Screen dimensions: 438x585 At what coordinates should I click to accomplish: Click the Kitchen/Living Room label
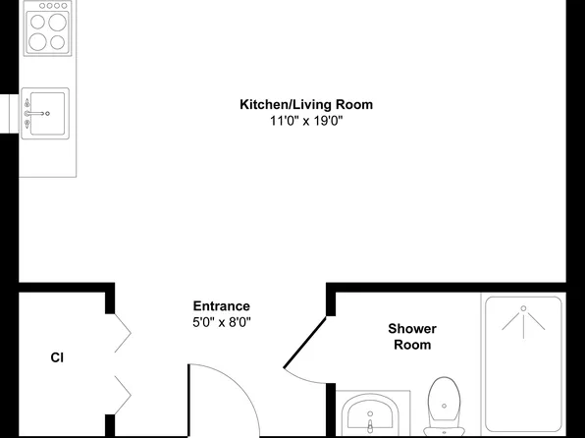(306, 104)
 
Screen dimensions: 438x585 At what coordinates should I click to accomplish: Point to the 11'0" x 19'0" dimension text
(306, 121)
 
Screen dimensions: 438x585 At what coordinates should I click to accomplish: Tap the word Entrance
(221, 305)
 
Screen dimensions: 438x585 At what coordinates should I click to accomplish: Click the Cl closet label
(57, 357)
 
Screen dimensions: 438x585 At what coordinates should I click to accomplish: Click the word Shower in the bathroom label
(412, 329)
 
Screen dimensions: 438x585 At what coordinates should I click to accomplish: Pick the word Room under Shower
(412, 345)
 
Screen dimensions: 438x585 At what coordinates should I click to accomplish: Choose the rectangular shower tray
(523, 363)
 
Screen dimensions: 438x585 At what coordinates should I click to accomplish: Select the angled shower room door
(306, 334)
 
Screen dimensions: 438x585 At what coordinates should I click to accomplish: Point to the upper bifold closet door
(122, 332)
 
